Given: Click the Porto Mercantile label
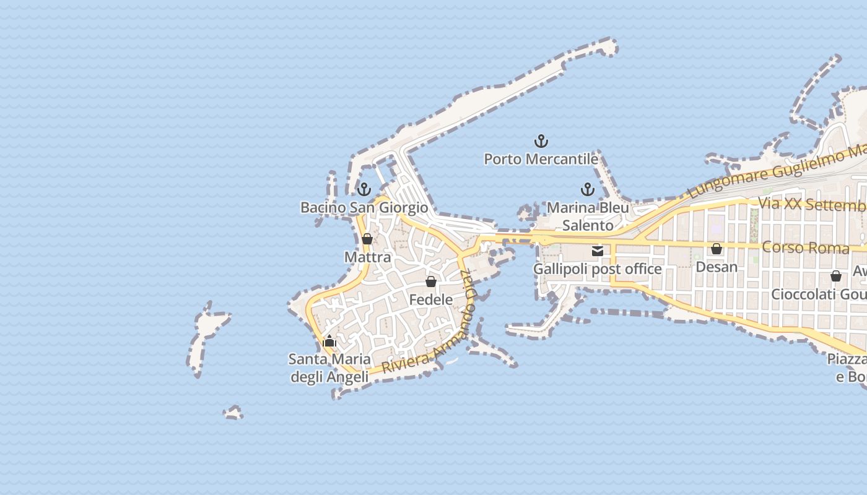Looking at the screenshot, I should (x=541, y=159).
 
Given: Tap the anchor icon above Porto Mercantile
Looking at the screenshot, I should (x=541, y=142).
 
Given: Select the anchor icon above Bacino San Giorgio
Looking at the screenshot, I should (x=364, y=189).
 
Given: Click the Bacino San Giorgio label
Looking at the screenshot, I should (x=364, y=207).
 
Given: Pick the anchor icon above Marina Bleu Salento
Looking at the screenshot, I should (x=587, y=189).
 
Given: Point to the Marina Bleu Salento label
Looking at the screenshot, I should (x=588, y=216).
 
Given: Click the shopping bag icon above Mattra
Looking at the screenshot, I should (x=367, y=239).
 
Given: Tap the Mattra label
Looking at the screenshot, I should (x=368, y=257).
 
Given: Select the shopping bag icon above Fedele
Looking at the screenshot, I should (x=431, y=282).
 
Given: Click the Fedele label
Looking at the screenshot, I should (x=431, y=300).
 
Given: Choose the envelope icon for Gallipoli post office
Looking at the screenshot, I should (x=598, y=251).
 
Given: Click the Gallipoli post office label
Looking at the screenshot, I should (x=598, y=269).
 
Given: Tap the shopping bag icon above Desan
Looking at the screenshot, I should (x=717, y=249).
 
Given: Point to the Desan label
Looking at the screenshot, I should (x=717, y=267).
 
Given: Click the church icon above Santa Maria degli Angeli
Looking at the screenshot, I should (x=329, y=341).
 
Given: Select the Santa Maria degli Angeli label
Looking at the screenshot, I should (x=330, y=368).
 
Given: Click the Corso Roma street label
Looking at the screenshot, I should (x=805, y=247).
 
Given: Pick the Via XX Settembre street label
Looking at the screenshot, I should (x=812, y=204).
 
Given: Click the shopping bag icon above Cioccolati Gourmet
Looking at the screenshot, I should (x=835, y=276).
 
